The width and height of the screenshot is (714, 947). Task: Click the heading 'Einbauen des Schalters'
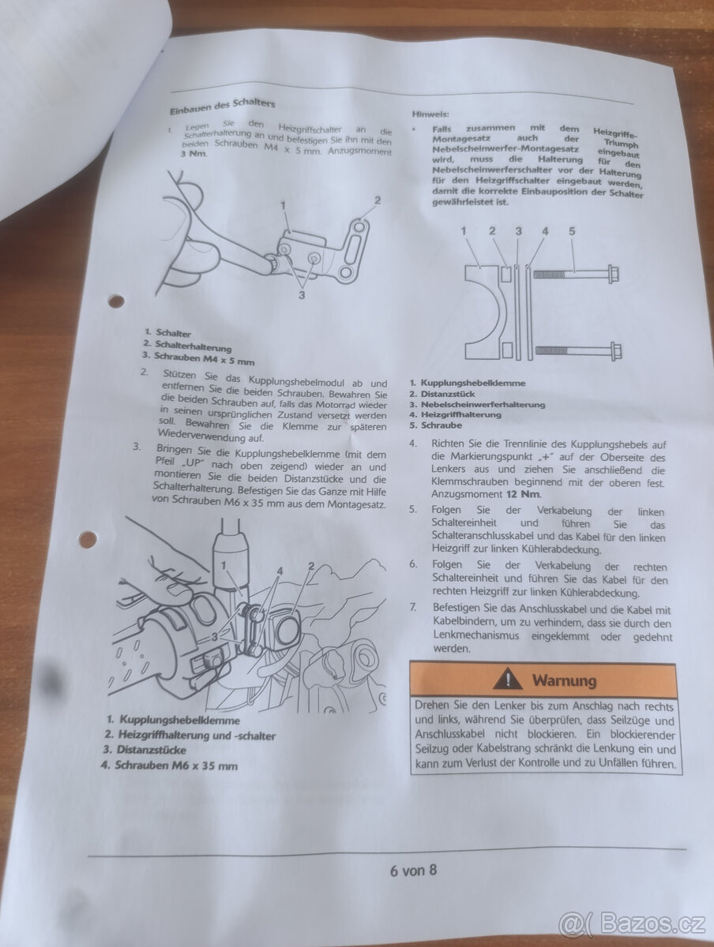[222, 107]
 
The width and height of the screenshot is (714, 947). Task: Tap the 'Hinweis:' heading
[430, 114]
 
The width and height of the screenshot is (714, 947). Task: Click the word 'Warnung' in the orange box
[564, 680]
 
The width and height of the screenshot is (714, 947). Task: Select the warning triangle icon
[508, 679]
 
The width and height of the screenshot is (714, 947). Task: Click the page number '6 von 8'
[413, 870]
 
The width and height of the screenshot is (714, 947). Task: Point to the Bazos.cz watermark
[632, 925]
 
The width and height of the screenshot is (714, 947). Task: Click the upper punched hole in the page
[115, 301]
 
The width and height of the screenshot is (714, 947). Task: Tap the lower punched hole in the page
[88, 538]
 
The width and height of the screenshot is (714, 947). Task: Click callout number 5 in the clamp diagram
[572, 231]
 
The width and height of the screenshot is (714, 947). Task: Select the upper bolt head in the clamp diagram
[613, 274]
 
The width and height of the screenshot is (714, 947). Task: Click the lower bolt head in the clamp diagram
[615, 350]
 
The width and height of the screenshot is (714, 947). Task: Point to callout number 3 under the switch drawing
[302, 295]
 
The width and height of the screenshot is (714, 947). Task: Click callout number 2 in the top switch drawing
[378, 200]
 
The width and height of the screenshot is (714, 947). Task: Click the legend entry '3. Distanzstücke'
[145, 750]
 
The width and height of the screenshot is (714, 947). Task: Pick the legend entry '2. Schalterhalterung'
[187, 346]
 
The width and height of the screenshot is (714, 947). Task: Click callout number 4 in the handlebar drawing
[280, 571]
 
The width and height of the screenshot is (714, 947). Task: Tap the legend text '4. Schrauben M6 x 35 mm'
[169, 765]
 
